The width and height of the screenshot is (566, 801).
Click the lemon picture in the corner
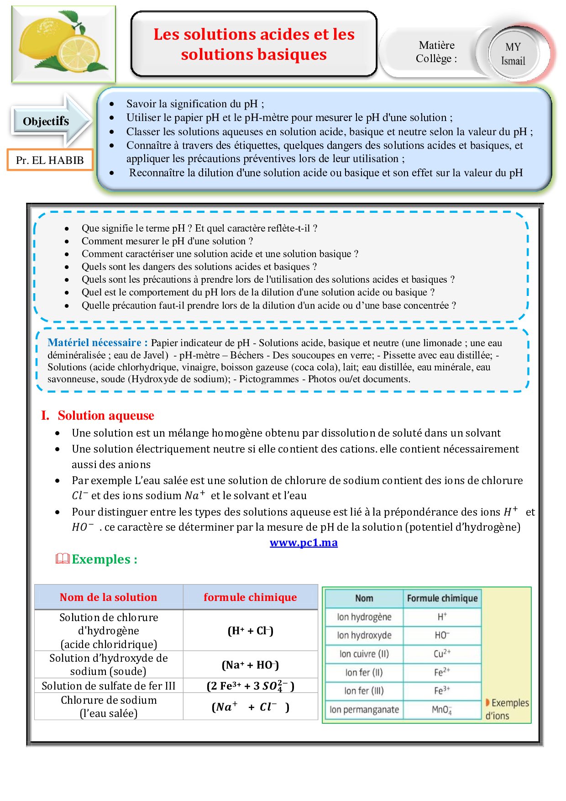click(x=63, y=44)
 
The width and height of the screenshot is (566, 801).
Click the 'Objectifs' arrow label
click(x=46, y=121)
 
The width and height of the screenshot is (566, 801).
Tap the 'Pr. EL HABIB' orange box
click(x=50, y=160)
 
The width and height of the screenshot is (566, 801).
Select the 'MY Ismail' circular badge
click(x=513, y=54)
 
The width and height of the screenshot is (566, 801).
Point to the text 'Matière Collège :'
click(x=436, y=52)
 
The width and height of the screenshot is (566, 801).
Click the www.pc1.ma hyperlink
click(x=304, y=543)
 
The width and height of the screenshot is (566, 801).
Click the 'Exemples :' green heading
click(x=104, y=559)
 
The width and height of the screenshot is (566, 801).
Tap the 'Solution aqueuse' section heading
click(x=106, y=416)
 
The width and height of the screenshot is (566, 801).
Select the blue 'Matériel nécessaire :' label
click(x=97, y=343)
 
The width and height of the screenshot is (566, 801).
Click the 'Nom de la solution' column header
click(x=108, y=597)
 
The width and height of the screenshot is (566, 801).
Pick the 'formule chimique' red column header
click(x=250, y=597)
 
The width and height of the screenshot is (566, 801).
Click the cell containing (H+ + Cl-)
click(x=250, y=631)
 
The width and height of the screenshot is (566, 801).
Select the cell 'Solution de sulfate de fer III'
click(x=109, y=686)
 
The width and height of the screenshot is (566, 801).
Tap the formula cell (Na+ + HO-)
click(x=250, y=665)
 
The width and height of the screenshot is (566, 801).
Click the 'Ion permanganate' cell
click(x=364, y=710)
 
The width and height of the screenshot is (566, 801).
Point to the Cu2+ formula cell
click(x=442, y=654)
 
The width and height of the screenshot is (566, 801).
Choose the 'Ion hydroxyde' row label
click(x=364, y=635)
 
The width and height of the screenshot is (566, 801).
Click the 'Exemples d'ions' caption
click(x=507, y=709)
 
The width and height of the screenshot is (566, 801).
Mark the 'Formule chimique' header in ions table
click(x=442, y=598)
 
